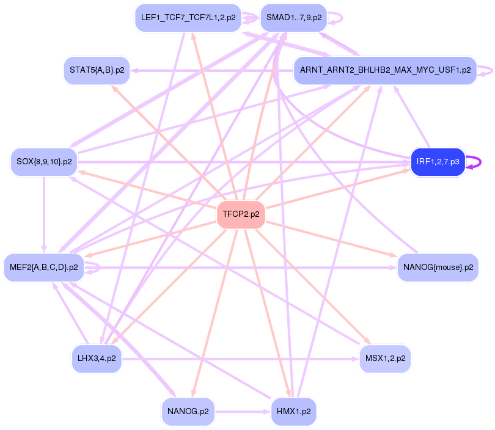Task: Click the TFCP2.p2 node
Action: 241,214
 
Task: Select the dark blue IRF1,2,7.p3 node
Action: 438,162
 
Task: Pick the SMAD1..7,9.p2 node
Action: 293,18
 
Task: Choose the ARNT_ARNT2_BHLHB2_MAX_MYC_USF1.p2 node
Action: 384,70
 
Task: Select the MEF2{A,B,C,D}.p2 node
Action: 44,267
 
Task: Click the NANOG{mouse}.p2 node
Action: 438,267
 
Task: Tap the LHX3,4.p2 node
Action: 96,359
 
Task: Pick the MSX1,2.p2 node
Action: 384,359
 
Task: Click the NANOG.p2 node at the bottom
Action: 188,411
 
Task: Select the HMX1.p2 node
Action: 293,411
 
